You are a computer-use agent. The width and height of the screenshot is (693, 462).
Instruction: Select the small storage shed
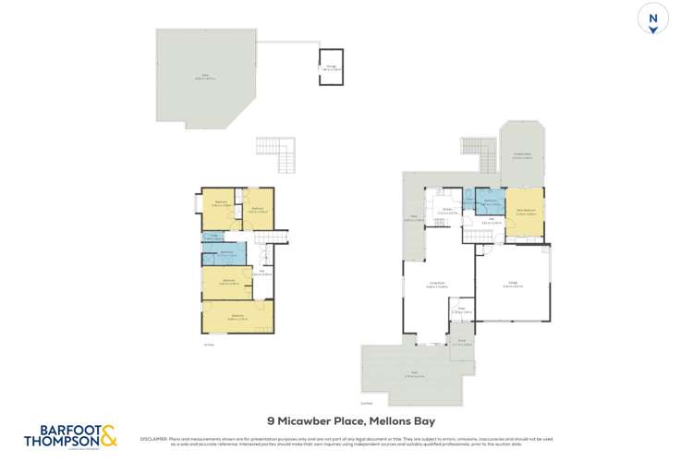[x=331, y=67]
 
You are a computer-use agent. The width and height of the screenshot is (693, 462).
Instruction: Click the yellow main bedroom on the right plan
[x=524, y=212]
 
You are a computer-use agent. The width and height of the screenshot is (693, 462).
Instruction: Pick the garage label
[x=512, y=286]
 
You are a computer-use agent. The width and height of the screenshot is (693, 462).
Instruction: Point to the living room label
[x=436, y=286]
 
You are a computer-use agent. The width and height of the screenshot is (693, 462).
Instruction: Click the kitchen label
[x=446, y=211]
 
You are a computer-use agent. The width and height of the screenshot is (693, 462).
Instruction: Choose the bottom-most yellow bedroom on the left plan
[x=237, y=318]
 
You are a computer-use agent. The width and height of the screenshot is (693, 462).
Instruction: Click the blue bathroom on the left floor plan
[x=225, y=254]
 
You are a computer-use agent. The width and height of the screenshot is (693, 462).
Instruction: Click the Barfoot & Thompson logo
[x=69, y=435]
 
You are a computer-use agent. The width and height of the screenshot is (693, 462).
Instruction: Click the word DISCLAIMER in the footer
[x=153, y=438]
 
